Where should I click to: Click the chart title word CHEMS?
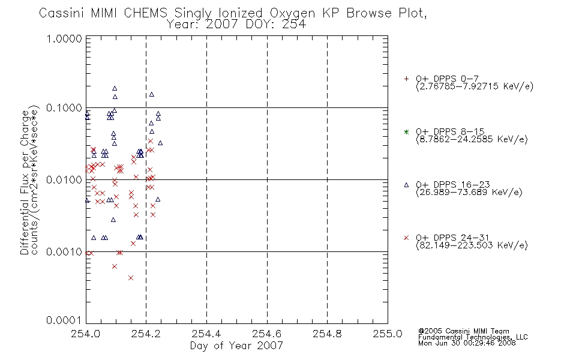145,13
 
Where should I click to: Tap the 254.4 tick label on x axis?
206,334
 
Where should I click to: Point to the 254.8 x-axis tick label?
327,334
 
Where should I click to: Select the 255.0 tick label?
388,334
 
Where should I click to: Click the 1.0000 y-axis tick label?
64,38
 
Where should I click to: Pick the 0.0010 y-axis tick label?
64,251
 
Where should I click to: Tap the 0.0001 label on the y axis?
64,320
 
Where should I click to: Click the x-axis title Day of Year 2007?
236,346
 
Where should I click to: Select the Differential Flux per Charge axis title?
25,182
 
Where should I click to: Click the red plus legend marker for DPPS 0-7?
406,79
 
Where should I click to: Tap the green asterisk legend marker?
406,131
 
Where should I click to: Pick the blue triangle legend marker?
406,185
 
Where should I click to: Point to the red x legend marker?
406,238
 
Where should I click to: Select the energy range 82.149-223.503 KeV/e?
472,245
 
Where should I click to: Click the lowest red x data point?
131,278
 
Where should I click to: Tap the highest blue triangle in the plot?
115,88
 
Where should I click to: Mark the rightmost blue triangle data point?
160,143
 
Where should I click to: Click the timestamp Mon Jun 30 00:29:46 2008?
467,343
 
